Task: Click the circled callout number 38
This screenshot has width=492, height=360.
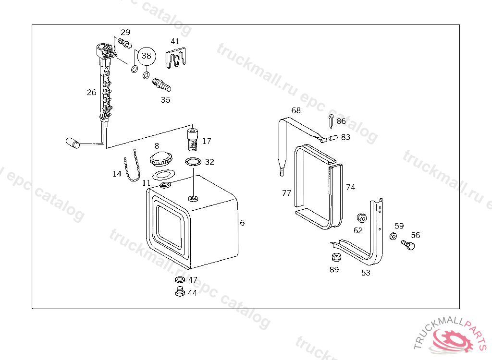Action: point(146,56)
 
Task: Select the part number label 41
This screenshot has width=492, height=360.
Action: point(175,42)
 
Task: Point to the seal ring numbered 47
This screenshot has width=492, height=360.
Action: point(180,280)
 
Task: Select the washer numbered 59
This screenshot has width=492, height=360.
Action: point(393,236)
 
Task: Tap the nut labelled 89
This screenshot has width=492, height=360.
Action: point(335,257)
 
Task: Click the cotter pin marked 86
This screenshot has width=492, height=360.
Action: point(331,120)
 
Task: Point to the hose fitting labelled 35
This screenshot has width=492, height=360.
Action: point(162,85)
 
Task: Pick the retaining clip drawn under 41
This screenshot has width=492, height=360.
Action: point(176,59)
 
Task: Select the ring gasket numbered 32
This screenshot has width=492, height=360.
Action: point(193,161)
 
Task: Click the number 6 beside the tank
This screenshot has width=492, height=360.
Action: point(243,223)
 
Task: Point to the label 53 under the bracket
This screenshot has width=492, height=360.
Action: point(366,273)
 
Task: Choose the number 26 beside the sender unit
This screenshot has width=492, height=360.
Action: point(92,92)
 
